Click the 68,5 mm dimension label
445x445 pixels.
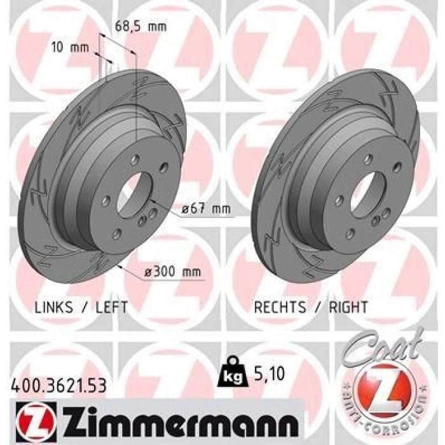pos(140,27)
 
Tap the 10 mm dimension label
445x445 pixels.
pos(69,46)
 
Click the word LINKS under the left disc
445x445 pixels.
pos(53,307)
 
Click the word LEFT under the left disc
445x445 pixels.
pos(112,307)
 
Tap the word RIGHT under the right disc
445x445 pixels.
pos(348,307)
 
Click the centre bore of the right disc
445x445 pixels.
pos(364,191)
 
